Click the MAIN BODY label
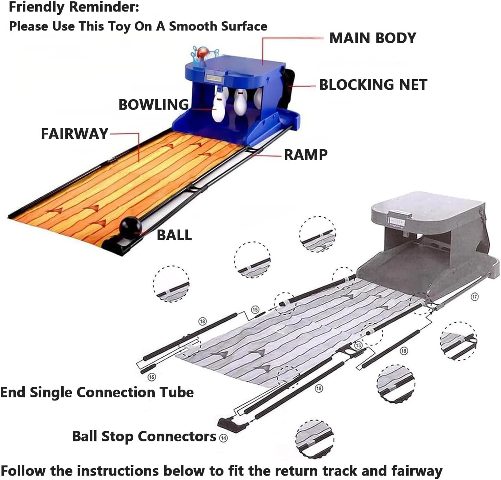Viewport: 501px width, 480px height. (372, 38)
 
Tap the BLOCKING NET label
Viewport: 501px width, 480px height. (373, 85)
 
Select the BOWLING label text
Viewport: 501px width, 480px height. (153, 105)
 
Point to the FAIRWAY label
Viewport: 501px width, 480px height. (74, 134)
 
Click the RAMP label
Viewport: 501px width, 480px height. (306, 155)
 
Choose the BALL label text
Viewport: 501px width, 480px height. (174, 235)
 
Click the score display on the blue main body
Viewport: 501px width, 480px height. (214, 79)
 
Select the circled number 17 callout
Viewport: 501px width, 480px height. (475, 297)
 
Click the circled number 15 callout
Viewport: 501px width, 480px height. (255, 309)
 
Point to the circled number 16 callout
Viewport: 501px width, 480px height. (152, 377)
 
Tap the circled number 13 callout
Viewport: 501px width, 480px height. (358, 345)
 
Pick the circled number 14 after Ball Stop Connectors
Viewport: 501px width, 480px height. (223, 438)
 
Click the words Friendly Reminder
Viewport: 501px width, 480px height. (74, 7)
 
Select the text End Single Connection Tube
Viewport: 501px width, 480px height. (97, 393)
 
